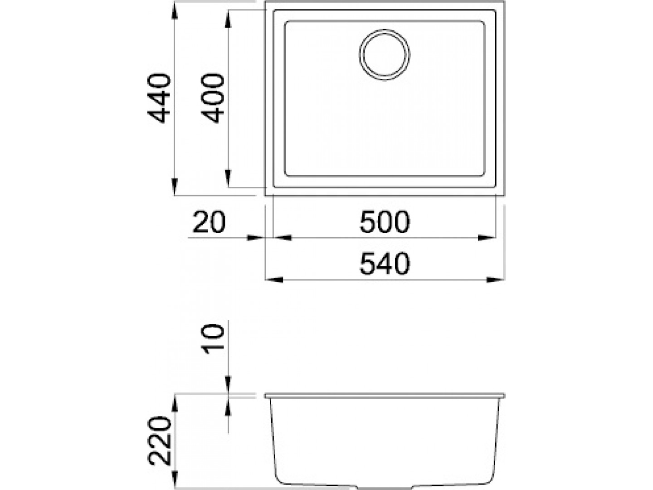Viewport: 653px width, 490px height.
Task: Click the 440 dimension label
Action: (x=159, y=98)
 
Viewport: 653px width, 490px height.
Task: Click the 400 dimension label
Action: (x=212, y=98)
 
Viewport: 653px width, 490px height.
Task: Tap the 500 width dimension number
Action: (x=385, y=222)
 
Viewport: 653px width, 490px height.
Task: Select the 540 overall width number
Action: (x=385, y=264)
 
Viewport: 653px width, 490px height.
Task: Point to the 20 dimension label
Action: (x=209, y=222)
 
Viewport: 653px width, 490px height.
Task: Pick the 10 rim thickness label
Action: (x=212, y=340)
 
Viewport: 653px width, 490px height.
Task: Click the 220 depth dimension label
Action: (x=159, y=441)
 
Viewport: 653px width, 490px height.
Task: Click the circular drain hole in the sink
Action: (x=384, y=55)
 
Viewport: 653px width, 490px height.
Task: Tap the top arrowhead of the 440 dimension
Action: (x=175, y=12)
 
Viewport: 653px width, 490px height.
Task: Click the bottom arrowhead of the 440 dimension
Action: (x=175, y=186)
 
